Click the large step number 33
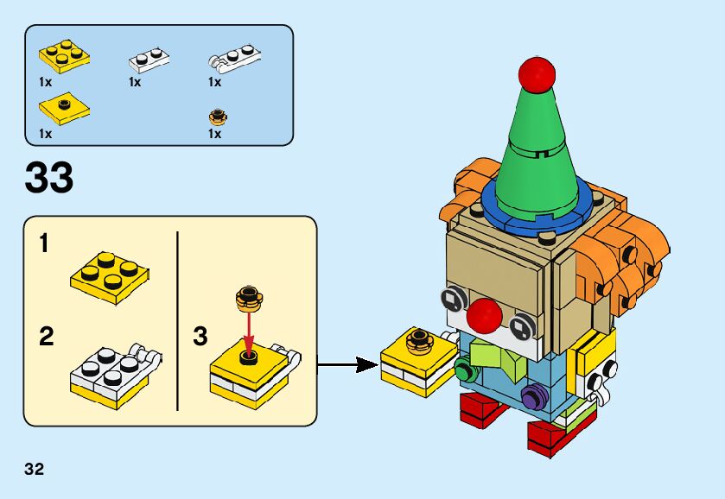click(49, 178)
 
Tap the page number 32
click(35, 469)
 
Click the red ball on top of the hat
click(537, 73)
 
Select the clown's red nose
click(484, 316)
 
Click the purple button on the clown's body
click(535, 397)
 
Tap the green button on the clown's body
click(466, 369)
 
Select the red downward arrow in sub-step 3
click(249, 334)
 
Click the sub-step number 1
click(44, 243)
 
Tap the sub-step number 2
click(47, 337)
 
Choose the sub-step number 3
click(200, 337)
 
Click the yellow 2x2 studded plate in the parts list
click(64, 55)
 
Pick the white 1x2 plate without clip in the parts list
click(149, 60)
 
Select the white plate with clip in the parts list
click(234, 59)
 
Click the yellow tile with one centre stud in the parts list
click(64, 108)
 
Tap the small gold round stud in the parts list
click(218, 117)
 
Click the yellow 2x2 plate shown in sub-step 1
click(110, 277)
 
